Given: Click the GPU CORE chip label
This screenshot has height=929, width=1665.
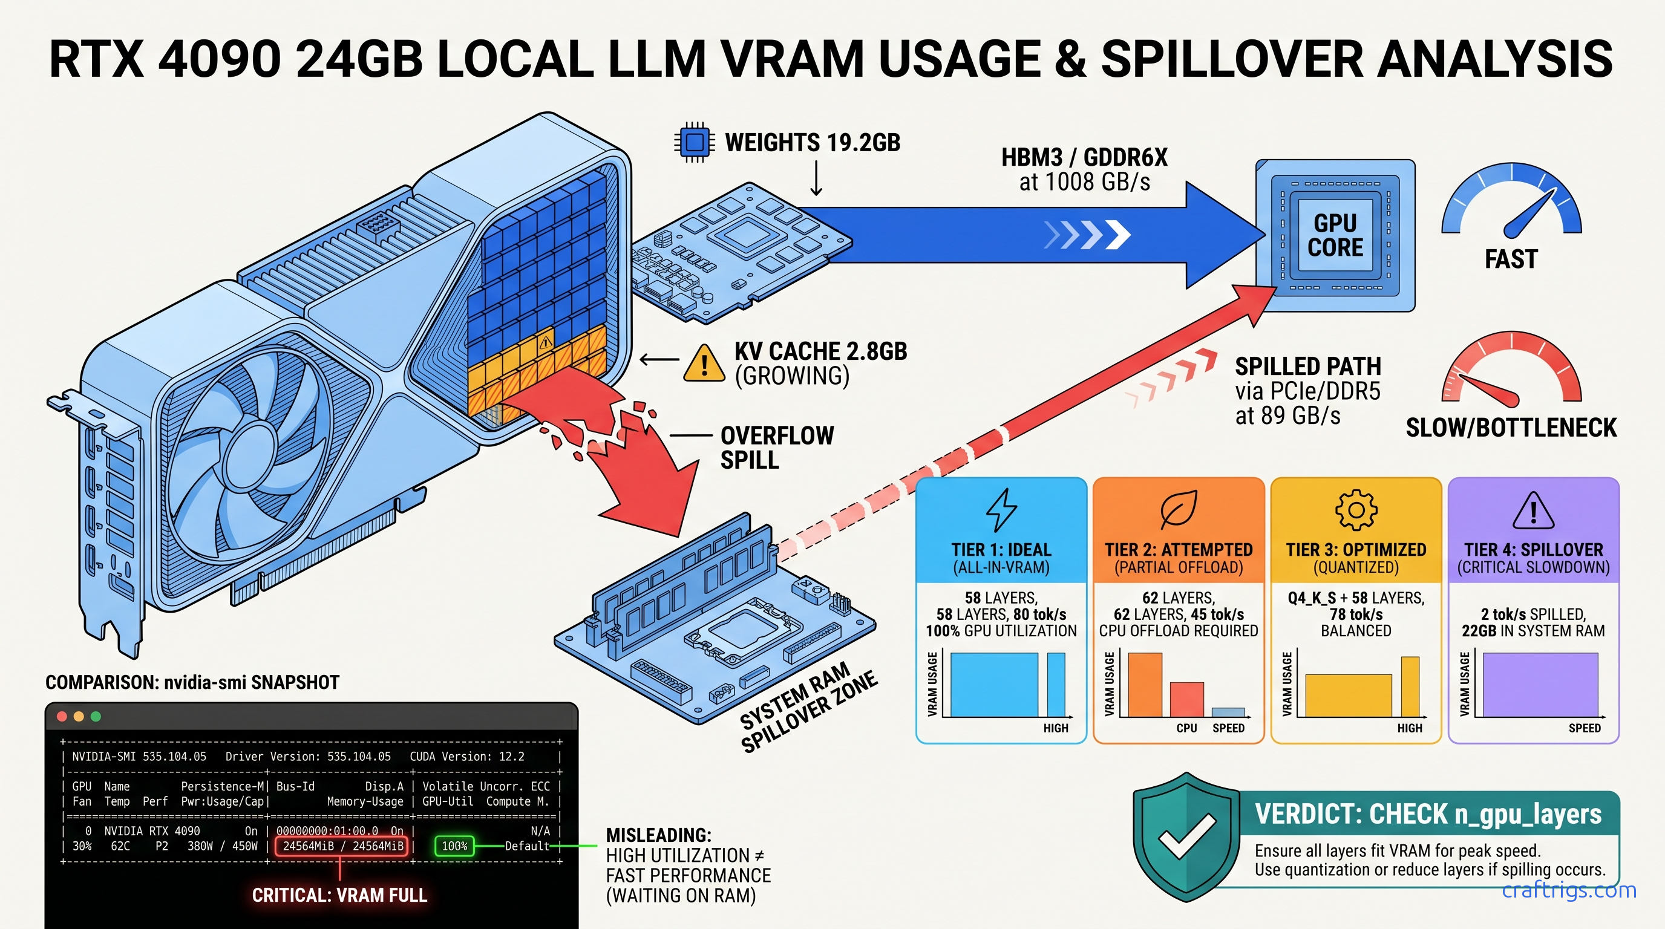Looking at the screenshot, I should point(1335,235).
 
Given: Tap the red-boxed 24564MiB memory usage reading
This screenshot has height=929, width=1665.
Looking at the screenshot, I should point(342,846).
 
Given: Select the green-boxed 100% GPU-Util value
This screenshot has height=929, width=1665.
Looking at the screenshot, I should point(454,846).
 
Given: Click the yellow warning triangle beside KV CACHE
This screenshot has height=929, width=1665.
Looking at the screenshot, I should point(704,363).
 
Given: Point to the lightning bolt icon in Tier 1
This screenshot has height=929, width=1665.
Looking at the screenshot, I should point(1001,510).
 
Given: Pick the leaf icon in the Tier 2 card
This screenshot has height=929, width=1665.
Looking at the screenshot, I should point(1179,510).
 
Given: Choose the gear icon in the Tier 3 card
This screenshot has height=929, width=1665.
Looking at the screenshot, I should point(1356,510).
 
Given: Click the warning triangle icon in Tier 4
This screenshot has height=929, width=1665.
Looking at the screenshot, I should point(1533,510).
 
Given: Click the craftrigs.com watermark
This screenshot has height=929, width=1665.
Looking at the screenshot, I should point(1569,890).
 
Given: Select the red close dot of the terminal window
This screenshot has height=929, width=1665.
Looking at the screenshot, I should point(62,716).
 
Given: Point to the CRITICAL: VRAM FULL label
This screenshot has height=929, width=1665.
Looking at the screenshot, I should point(339,895).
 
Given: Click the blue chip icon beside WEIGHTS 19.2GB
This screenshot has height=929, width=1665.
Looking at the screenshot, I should point(694,142).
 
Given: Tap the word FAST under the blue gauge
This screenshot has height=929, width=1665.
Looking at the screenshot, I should point(1511,259).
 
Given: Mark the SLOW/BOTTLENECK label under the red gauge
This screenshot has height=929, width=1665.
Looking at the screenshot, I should point(1511,428).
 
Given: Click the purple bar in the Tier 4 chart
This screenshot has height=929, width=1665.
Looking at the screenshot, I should point(1540,684).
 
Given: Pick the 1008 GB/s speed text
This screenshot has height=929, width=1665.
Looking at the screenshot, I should point(1085,182).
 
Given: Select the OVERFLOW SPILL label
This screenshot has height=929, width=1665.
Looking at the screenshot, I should point(777,448).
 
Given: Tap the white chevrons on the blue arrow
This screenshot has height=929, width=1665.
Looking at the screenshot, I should point(1088,235).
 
